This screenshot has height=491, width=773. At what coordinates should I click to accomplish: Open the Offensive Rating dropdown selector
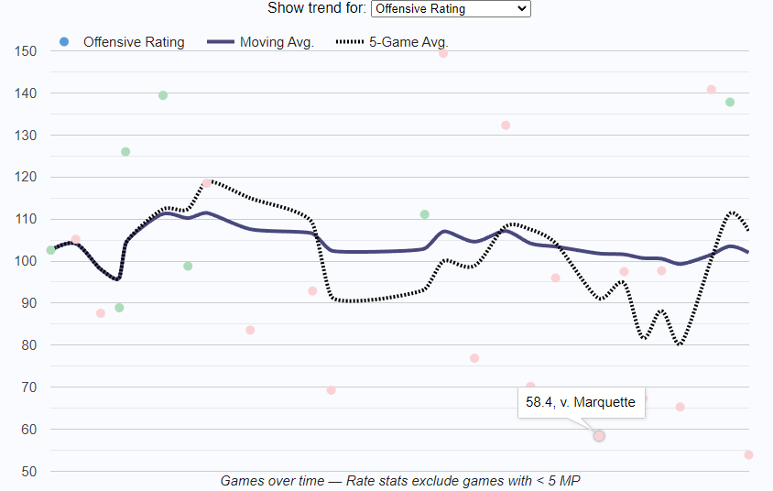pyautogui.click(x=451, y=8)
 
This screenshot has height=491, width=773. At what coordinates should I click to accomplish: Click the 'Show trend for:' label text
pyautogui.click(x=316, y=8)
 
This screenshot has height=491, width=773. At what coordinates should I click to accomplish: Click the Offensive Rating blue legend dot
pyautogui.click(x=63, y=41)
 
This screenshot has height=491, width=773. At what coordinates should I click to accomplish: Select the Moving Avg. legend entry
pyautogui.click(x=261, y=42)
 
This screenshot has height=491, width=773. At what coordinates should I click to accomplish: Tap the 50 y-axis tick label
pyautogui.click(x=28, y=471)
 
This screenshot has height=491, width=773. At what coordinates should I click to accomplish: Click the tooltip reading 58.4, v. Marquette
pyautogui.click(x=582, y=401)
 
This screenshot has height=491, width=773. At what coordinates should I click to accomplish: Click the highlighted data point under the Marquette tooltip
pyautogui.click(x=599, y=436)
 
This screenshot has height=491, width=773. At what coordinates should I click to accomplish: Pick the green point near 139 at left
pyautogui.click(x=163, y=95)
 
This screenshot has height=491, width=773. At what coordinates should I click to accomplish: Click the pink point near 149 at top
pyautogui.click(x=443, y=53)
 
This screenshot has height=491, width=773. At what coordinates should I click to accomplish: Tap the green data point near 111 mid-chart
pyautogui.click(x=424, y=214)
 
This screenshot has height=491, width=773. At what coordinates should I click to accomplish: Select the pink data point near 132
pyautogui.click(x=506, y=125)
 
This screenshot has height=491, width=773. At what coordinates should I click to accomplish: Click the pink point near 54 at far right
pyautogui.click(x=748, y=454)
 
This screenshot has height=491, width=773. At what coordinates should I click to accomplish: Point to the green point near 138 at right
pyautogui.click(x=730, y=102)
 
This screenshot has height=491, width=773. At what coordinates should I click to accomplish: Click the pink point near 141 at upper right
pyautogui.click(x=711, y=90)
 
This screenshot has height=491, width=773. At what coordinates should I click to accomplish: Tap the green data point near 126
pyautogui.click(x=125, y=152)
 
